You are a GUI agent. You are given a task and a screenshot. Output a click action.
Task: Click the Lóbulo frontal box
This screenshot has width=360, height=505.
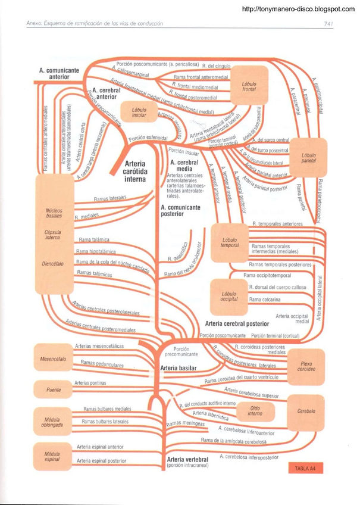click(249, 86)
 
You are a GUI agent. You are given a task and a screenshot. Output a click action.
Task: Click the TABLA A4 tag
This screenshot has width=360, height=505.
click(305, 468)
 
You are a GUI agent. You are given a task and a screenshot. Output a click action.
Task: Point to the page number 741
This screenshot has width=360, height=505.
click(327, 24)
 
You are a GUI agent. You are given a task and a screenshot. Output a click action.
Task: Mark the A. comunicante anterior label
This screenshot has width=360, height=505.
click(59, 73)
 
